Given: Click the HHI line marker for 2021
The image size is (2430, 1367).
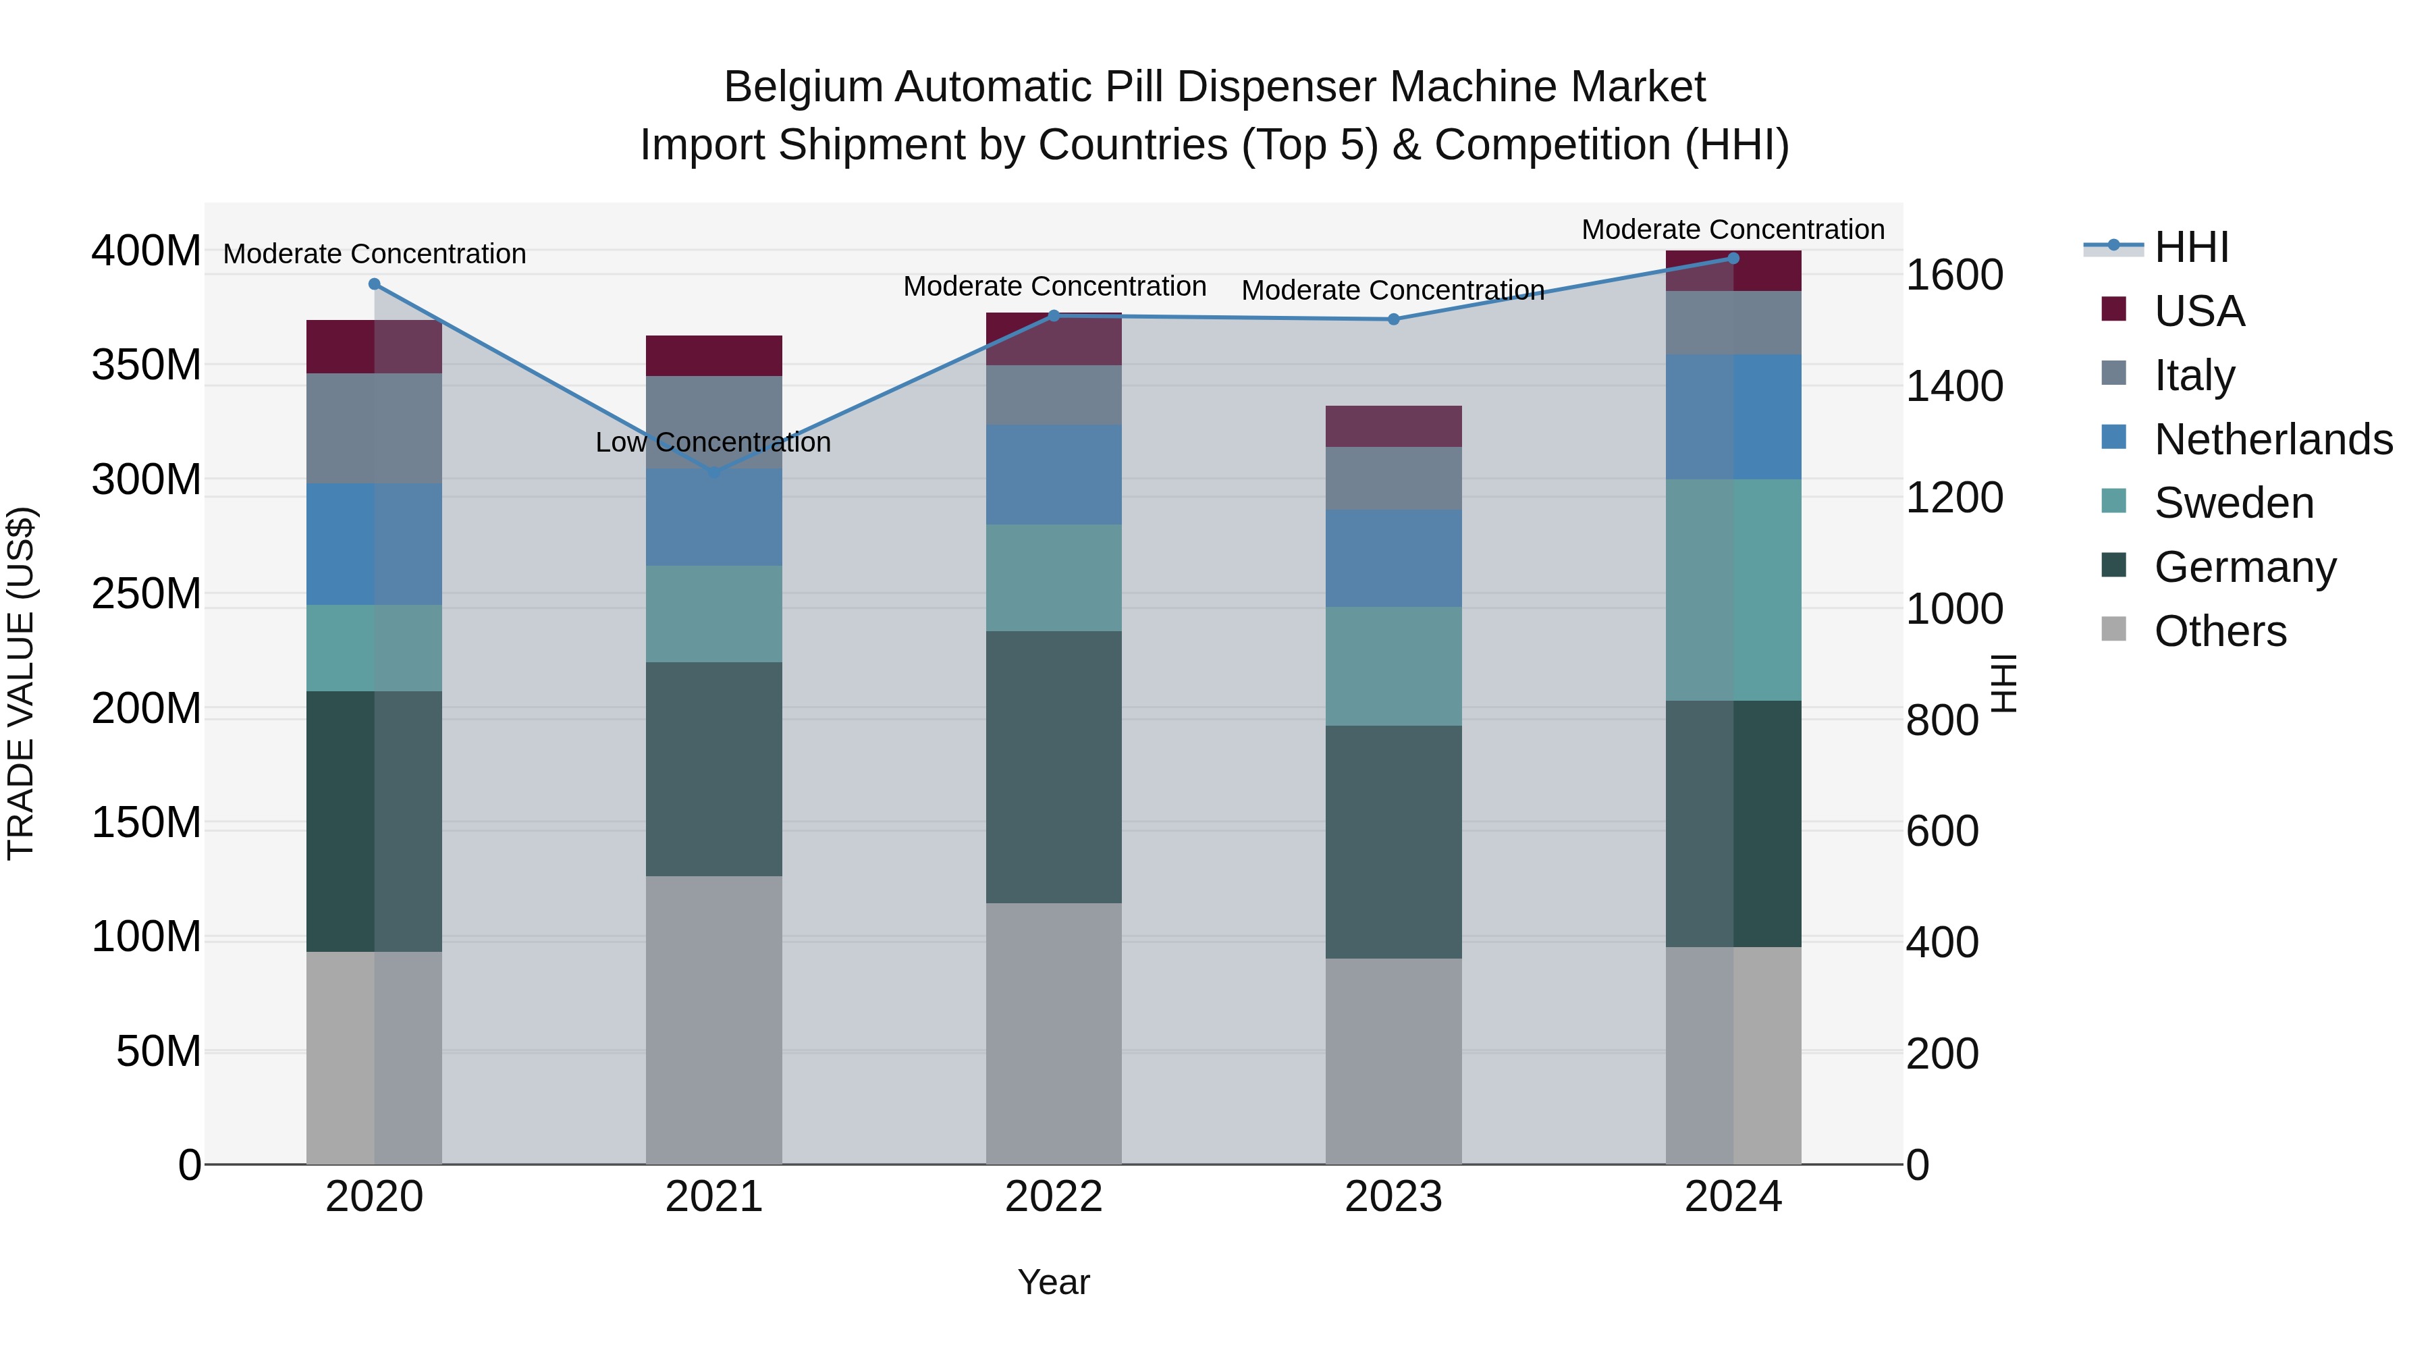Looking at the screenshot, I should (714, 472).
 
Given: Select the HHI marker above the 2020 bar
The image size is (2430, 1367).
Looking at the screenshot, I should (375, 284).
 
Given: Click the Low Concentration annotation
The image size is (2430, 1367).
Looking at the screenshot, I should (713, 442).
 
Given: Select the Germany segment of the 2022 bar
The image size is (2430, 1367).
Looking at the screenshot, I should (1054, 767).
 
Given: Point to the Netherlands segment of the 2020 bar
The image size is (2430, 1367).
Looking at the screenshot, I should (375, 544).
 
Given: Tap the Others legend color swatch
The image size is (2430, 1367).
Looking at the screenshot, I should (2114, 629).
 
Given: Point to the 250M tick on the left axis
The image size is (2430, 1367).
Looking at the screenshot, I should (146, 594).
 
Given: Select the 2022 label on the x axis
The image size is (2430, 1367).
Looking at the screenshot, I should (1054, 1197).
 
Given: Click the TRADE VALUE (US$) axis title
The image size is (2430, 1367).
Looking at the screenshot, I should (22, 683).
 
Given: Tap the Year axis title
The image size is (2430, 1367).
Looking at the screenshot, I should (1054, 1282).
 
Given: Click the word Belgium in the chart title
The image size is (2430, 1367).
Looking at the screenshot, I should (804, 87).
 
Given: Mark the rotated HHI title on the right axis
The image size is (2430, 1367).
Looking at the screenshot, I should (2003, 683).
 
